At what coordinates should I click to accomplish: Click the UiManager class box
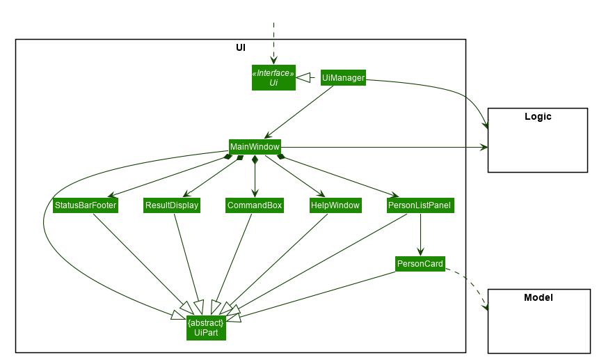click(x=343, y=78)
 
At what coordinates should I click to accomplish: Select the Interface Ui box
click(x=273, y=78)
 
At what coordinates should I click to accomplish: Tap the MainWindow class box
click(x=255, y=147)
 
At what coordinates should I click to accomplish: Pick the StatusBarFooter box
click(x=85, y=205)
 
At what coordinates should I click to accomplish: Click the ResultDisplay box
click(x=171, y=205)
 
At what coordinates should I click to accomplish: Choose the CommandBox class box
click(x=255, y=205)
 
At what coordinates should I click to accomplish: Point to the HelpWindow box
click(x=335, y=205)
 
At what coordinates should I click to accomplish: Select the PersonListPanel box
click(x=420, y=205)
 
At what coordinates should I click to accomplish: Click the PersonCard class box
click(x=420, y=264)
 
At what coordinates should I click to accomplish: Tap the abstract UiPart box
click(x=206, y=328)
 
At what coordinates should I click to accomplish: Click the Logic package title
click(x=538, y=117)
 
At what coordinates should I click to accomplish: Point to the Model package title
click(x=538, y=298)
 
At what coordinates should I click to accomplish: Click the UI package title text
click(x=241, y=48)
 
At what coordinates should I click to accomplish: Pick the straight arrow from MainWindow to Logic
click(x=383, y=148)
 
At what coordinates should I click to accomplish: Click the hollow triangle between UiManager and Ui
click(x=303, y=79)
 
